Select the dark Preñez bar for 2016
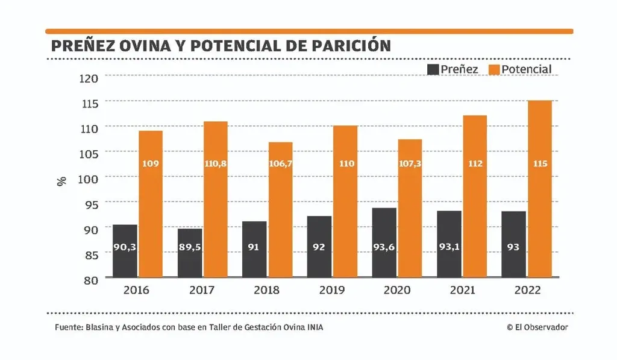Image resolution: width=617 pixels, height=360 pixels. click(x=125, y=251)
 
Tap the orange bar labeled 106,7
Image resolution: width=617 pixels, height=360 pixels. click(x=281, y=210)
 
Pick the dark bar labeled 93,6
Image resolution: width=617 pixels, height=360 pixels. click(x=384, y=242)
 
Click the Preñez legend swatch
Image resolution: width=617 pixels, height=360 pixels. click(x=433, y=69)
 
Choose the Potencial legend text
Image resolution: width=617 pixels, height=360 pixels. click(x=527, y=69)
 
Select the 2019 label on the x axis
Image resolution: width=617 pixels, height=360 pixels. click(x=331, y=290)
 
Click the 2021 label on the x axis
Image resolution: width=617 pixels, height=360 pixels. click(x=462, y=290)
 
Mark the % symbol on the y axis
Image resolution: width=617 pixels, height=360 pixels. click(x=61, y=180)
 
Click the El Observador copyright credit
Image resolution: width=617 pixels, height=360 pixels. click(x=537, y=327)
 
